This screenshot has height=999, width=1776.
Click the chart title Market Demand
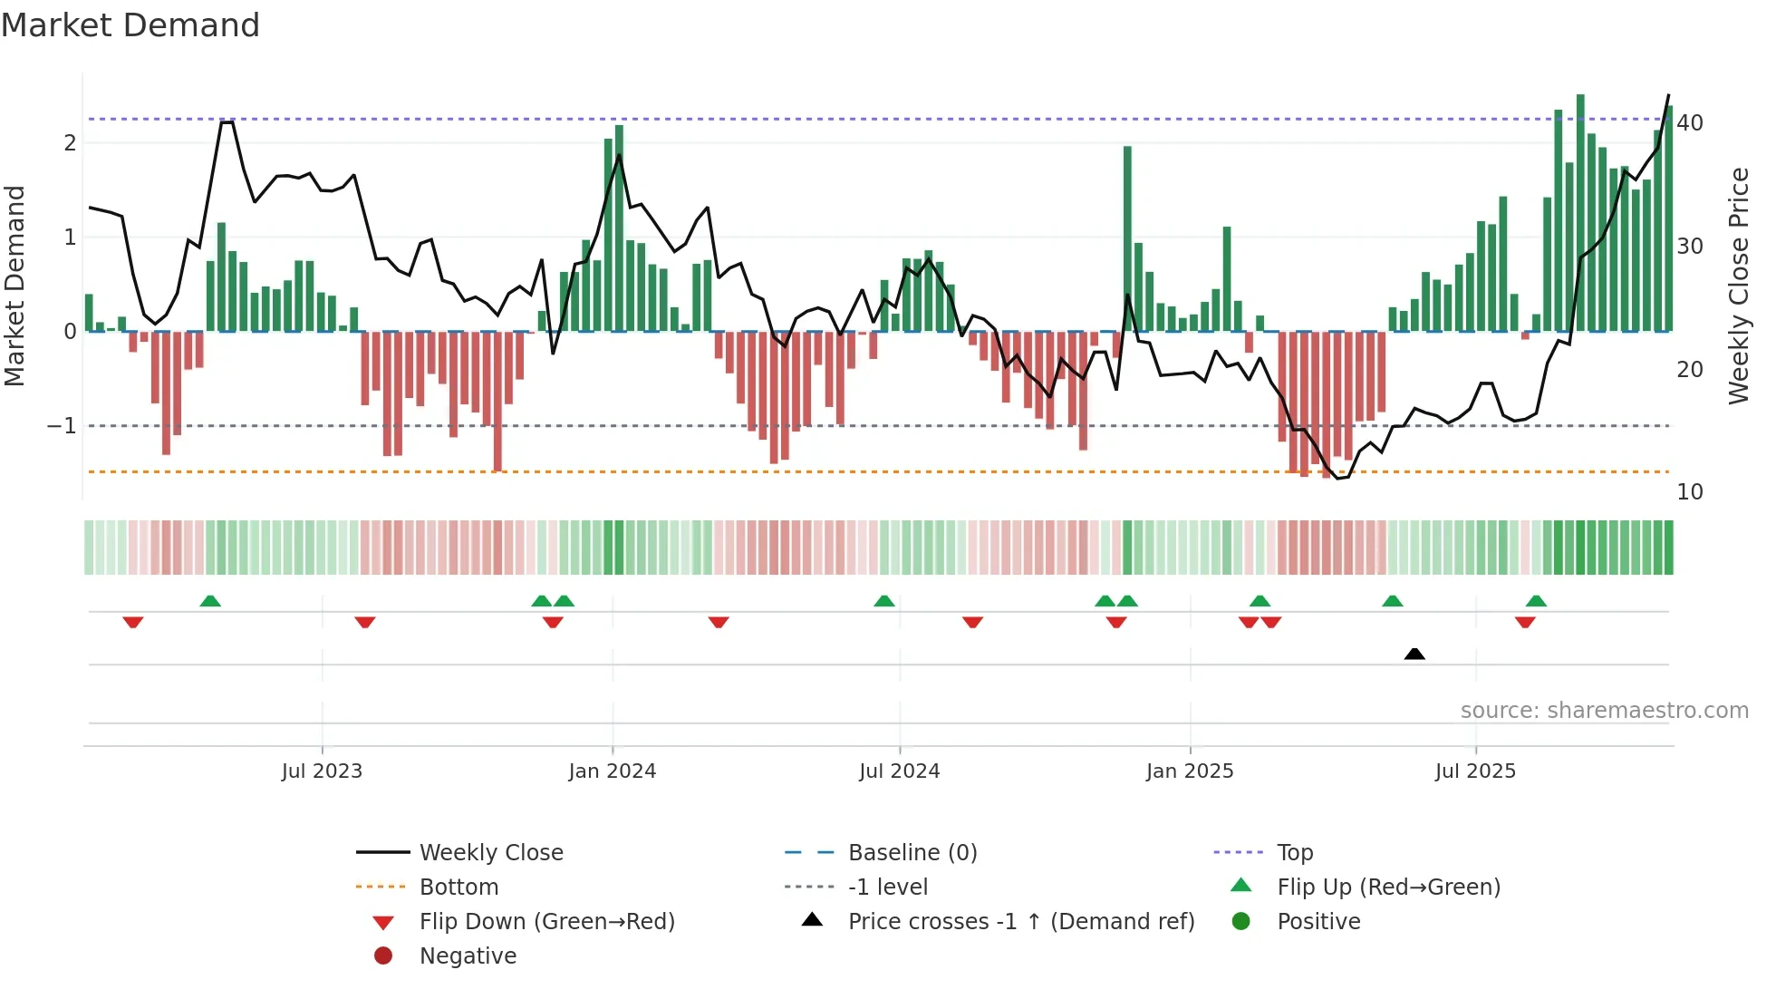pos(130,25)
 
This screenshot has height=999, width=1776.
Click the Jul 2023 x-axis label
pos(322,771)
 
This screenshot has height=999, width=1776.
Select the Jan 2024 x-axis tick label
pos(612,771)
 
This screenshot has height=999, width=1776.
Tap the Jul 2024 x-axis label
pos(899,771)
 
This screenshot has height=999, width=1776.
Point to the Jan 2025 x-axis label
pos(1189,771)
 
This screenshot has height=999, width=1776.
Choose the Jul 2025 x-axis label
pos(1475,771)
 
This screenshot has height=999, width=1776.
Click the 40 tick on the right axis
pos(1690,123)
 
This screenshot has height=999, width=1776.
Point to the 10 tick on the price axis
pos(1690,492)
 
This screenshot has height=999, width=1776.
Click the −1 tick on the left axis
pos(62,426)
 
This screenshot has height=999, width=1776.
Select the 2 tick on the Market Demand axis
pos(70,143)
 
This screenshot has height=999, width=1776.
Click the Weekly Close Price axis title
pos(1739,286)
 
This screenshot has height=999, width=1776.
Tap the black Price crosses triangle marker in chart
pos(1414,654)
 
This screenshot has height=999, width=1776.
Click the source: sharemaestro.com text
pos(1604,711)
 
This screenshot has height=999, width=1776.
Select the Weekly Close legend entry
pos(490,853)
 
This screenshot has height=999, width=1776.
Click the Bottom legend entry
pos(458,887)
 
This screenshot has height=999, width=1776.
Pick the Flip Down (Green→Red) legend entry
pos(546,922)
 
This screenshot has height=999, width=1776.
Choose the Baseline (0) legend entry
pos(912,853)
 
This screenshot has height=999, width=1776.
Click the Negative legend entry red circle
pos(383,956)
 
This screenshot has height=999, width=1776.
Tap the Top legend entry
pos(1294,853)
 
